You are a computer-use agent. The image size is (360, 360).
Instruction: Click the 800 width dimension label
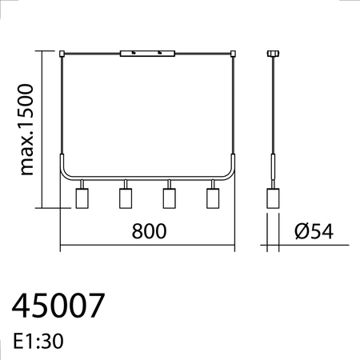(149, 231)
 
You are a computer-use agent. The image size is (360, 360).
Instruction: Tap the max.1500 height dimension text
(26, 130)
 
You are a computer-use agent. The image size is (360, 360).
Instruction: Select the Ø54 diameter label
(314, 231)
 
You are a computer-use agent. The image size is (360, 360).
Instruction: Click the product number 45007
(58, 306)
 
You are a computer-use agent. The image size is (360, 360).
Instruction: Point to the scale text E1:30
(38, 341)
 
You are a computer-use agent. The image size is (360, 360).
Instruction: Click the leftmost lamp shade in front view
(82, 198)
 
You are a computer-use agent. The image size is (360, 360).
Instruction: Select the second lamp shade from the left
(126, 198)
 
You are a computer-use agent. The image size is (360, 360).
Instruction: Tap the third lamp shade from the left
(169, 198)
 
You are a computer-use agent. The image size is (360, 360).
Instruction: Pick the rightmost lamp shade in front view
(213, 198)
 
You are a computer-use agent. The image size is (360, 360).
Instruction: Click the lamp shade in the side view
(273, 198)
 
